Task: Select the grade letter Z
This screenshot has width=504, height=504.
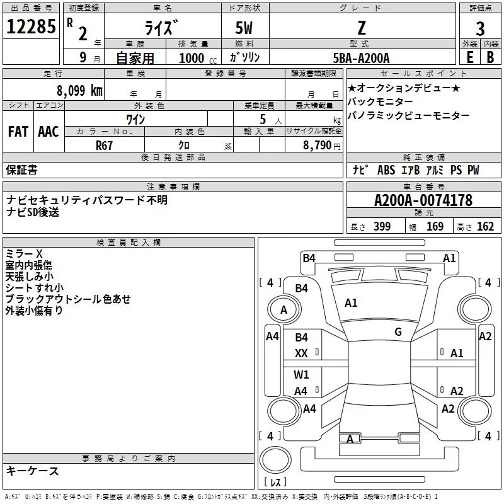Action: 361,28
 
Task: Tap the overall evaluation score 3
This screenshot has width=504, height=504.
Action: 479,28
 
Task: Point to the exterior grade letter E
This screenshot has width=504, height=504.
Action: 469,57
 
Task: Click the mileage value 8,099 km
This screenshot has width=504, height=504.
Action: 79,90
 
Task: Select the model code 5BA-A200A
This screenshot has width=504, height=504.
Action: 361,57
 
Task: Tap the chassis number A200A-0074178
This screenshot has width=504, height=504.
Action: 423,200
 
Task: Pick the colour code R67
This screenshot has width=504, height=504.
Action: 105,144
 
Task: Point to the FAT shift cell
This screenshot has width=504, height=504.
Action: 18,132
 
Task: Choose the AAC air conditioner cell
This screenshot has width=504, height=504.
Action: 49,132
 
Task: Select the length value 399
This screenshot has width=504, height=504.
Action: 382,226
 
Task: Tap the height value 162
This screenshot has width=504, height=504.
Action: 485,226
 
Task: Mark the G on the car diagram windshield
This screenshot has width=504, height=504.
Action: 398,332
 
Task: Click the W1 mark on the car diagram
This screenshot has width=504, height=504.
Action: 302,375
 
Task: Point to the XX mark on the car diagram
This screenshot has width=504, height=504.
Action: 302,353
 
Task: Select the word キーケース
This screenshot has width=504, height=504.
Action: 32,471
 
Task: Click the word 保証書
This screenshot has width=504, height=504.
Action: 21,169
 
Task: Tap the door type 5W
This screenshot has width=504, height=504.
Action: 244,28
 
